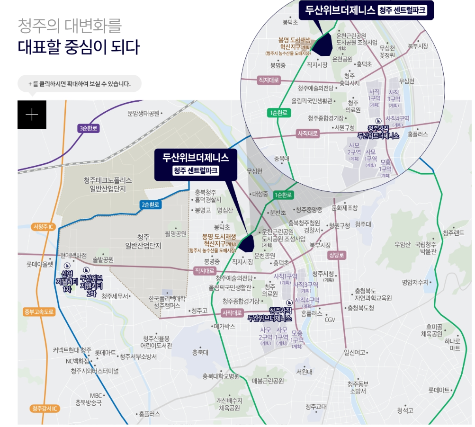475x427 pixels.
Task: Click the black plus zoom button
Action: tap(32, 115)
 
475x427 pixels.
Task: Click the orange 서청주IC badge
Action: tap(44, 227)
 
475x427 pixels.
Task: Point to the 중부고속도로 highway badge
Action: tap(39, 312)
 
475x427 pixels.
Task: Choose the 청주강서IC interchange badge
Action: tap(45, 409)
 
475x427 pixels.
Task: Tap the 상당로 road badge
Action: tap(337, 255)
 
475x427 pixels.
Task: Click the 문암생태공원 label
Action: tap(143, 114)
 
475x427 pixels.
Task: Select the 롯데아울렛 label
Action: tap(39, 264)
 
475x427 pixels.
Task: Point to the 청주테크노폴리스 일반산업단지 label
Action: tap(108, 184)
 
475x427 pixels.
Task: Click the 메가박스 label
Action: tap(224, 327)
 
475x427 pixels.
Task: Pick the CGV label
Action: tap(330, 320)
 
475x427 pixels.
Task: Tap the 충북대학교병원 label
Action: tap(221, 377)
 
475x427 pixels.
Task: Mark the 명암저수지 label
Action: tap(415, 282)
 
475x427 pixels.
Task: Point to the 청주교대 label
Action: tap(316, 407)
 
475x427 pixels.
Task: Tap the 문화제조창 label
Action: tap(345, 208)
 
